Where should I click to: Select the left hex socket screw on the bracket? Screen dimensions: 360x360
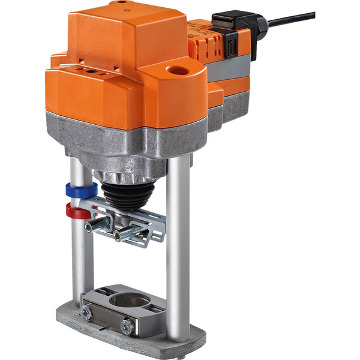point(97,226)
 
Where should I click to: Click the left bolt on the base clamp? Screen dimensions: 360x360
point(86,311)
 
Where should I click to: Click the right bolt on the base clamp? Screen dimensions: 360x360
point(127,326)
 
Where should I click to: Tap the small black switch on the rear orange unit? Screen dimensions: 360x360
point(230,44)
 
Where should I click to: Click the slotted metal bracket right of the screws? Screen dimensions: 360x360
point(155,225)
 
